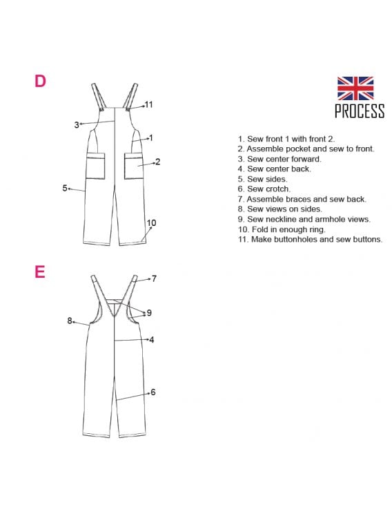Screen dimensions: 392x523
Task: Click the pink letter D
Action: tap(40, 81)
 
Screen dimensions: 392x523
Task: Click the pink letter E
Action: tap(39, 272)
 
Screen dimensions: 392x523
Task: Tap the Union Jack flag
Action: tap(355, 88)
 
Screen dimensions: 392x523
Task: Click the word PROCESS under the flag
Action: tap(360, 111)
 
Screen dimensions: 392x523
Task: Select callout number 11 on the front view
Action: tap(148, 104)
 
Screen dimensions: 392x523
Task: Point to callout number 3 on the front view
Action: tap(77, 125)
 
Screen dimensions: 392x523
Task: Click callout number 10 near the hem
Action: tap(151, 222)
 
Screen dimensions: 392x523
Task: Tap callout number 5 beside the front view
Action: tap(65, 188)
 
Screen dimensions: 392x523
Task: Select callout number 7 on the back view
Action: tap(154, 278)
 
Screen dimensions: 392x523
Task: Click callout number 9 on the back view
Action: tap(149, 312)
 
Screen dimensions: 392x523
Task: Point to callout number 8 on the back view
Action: tap(69, 321)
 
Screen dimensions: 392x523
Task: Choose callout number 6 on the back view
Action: tap(153, 392)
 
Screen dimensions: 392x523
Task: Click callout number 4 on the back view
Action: tap(152, 340)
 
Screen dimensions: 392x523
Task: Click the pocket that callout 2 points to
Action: tap(134, 166)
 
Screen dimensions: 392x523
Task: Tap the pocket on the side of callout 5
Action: tap(96, 166)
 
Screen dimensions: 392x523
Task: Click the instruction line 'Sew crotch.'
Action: tap(264, 189)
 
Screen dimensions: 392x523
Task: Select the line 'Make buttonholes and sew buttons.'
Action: tap(310, 239)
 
